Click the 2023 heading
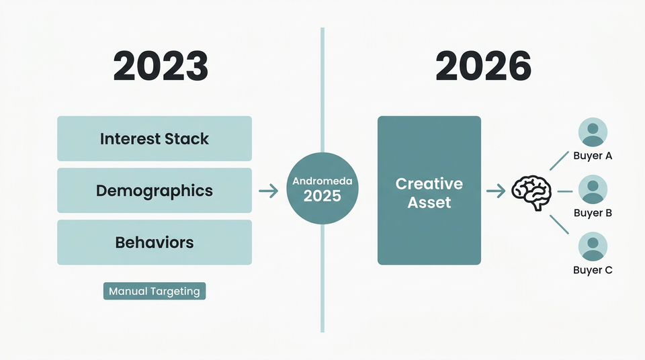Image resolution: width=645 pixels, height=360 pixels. (161, 66)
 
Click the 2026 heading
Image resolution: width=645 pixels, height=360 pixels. (483, 66)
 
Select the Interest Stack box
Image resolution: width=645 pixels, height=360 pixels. (155, 139)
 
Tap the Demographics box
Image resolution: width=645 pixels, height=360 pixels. (155, 191)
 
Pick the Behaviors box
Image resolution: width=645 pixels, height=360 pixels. (155, 242)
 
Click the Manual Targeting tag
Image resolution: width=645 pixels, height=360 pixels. (155, 291)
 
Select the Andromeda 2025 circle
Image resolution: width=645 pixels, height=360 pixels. (322, 189)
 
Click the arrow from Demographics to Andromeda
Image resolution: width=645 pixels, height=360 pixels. (269, 191)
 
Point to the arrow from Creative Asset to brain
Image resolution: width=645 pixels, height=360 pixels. (496, 191)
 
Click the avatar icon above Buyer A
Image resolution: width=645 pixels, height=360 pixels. (593, 132)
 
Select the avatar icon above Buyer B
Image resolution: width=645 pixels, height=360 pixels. (593, 189)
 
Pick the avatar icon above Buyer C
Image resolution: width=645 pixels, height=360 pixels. (593, 246)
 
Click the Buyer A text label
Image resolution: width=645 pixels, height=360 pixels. (593, 156)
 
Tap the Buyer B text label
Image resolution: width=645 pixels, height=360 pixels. (593, 214)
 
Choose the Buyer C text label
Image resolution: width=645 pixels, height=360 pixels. (593, 271)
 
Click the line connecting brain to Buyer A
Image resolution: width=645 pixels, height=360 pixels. (560, 161)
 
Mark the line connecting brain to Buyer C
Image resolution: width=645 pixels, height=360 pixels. (560, 224)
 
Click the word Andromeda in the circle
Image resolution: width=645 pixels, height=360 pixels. (322, 181)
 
